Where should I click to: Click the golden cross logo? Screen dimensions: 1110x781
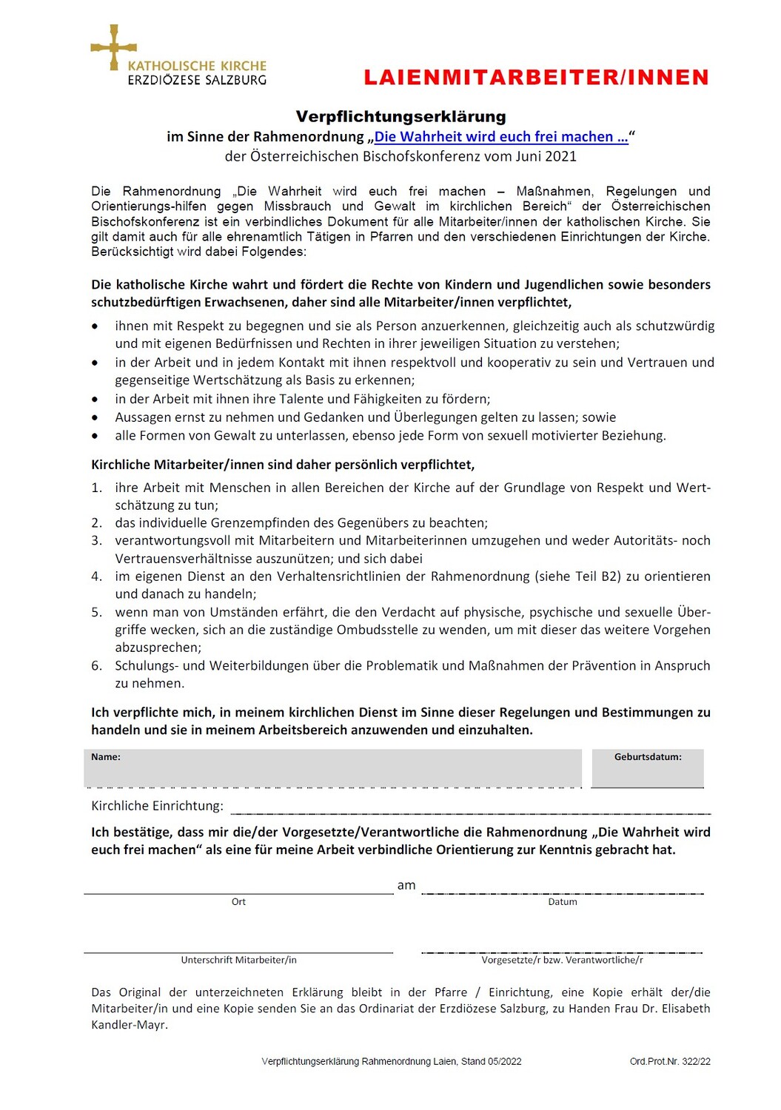pyautogui.click(x=113, y=47)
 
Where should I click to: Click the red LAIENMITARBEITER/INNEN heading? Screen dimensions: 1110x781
pyautogui.click(x=536, y=78)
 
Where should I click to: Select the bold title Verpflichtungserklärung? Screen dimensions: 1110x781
pyautogui.click(x=400, y=117)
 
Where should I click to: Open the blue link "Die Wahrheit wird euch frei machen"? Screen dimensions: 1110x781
pyautogui.click(x=500, y=137)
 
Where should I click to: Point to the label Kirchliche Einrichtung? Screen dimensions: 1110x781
pyautogui.click(x=157, y=806)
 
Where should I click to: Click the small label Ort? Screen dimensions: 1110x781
pyautogui.click(x=238, y=902)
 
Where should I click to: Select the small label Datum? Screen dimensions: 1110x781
pyautogui.click(x=563, y=902)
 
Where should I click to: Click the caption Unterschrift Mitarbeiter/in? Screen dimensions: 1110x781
pyautogui.click(x=238, y=961)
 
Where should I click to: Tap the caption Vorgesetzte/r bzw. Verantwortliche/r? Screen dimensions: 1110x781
pyautogui.click(x=562, y=961)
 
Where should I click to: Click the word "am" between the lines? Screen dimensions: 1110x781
pyautogui.click(x=406, y=886)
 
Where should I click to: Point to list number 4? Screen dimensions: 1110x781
pyautogui.click(x=97, y=576)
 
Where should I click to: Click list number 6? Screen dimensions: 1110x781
pyautogui.click(x=97, y=666)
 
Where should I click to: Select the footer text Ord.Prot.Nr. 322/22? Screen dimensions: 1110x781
pyautogui.click(x=670, y=1062)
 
